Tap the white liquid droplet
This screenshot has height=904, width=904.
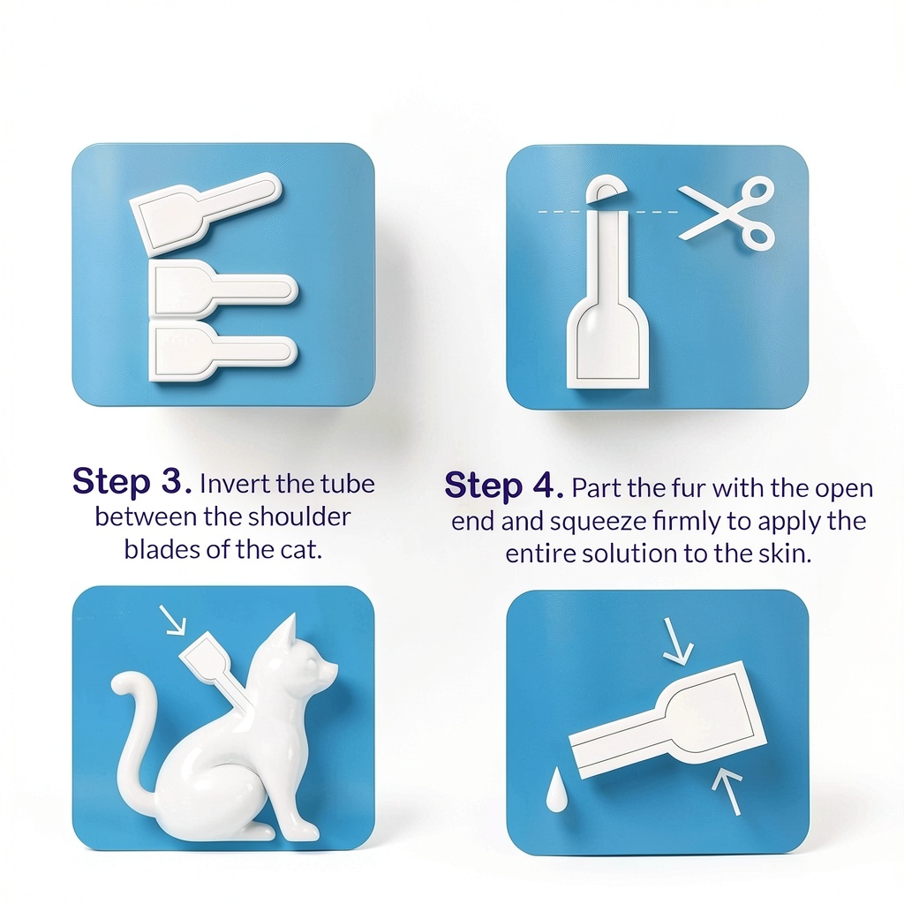tap(556, 790)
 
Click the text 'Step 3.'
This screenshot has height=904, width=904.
tap(132, 481)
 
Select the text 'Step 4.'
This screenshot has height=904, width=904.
tap(504, 486)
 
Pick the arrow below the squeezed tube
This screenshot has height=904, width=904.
tap(727, 792)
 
